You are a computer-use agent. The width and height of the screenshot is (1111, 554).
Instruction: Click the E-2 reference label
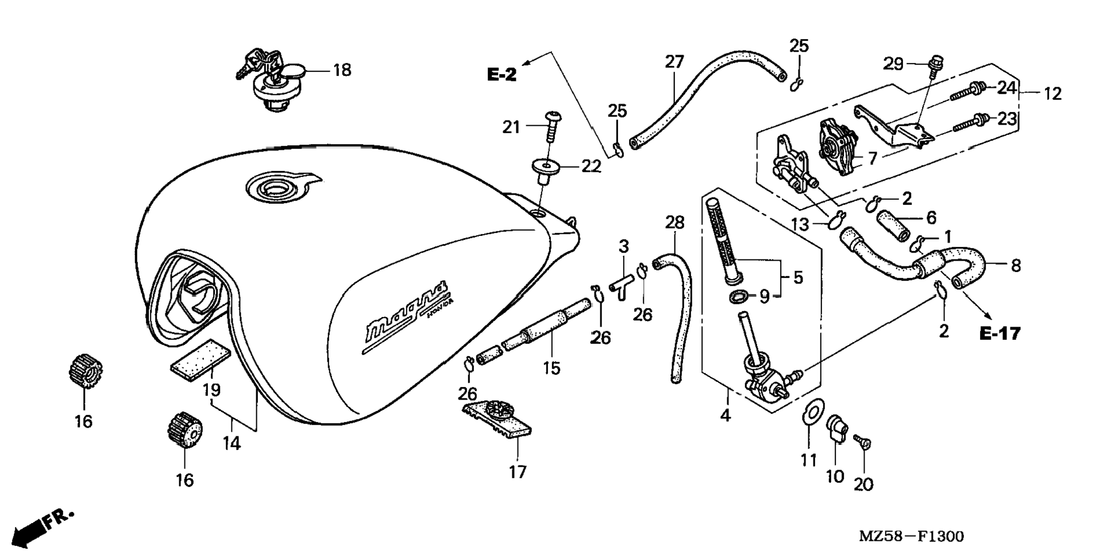pos(502,75)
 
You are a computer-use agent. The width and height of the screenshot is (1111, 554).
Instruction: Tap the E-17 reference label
pos(1000,334)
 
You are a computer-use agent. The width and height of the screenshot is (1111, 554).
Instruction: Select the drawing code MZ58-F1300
pos(911,536)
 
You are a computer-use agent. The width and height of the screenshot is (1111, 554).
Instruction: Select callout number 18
pos(342,71)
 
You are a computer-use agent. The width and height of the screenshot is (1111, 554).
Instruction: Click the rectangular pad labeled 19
pos(200,357)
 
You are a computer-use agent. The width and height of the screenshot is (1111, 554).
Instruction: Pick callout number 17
pos(517,472)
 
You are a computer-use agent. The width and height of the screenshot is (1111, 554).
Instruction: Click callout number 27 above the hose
pos(675,61)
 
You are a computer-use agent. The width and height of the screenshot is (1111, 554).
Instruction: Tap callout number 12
pos(1052,93)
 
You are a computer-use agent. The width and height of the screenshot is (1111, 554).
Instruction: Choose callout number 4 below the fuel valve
pos(726,414)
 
